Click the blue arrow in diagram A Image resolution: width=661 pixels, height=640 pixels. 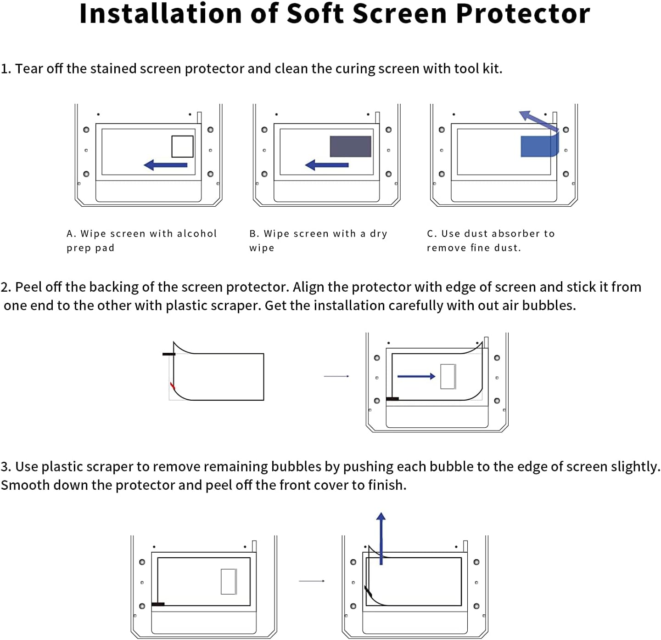click(166, 165)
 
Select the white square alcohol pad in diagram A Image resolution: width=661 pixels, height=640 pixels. click(182, 147)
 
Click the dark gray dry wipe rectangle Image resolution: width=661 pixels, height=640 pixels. click(350, 147)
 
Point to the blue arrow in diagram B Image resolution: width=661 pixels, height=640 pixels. click(327, 165)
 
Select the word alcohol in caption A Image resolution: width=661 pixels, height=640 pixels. click(196, 233)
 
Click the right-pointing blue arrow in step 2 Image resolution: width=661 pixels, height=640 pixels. click(416, 376)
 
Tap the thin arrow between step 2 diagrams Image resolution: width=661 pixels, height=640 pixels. click(336, 376)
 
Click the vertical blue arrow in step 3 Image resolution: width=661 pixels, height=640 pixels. click(381, 538)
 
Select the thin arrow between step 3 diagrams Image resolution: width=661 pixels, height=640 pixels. click(312, 581)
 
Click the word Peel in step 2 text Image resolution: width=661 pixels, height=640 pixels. click(29, 287)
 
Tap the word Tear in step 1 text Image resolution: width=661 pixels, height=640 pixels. click(29, 69)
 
